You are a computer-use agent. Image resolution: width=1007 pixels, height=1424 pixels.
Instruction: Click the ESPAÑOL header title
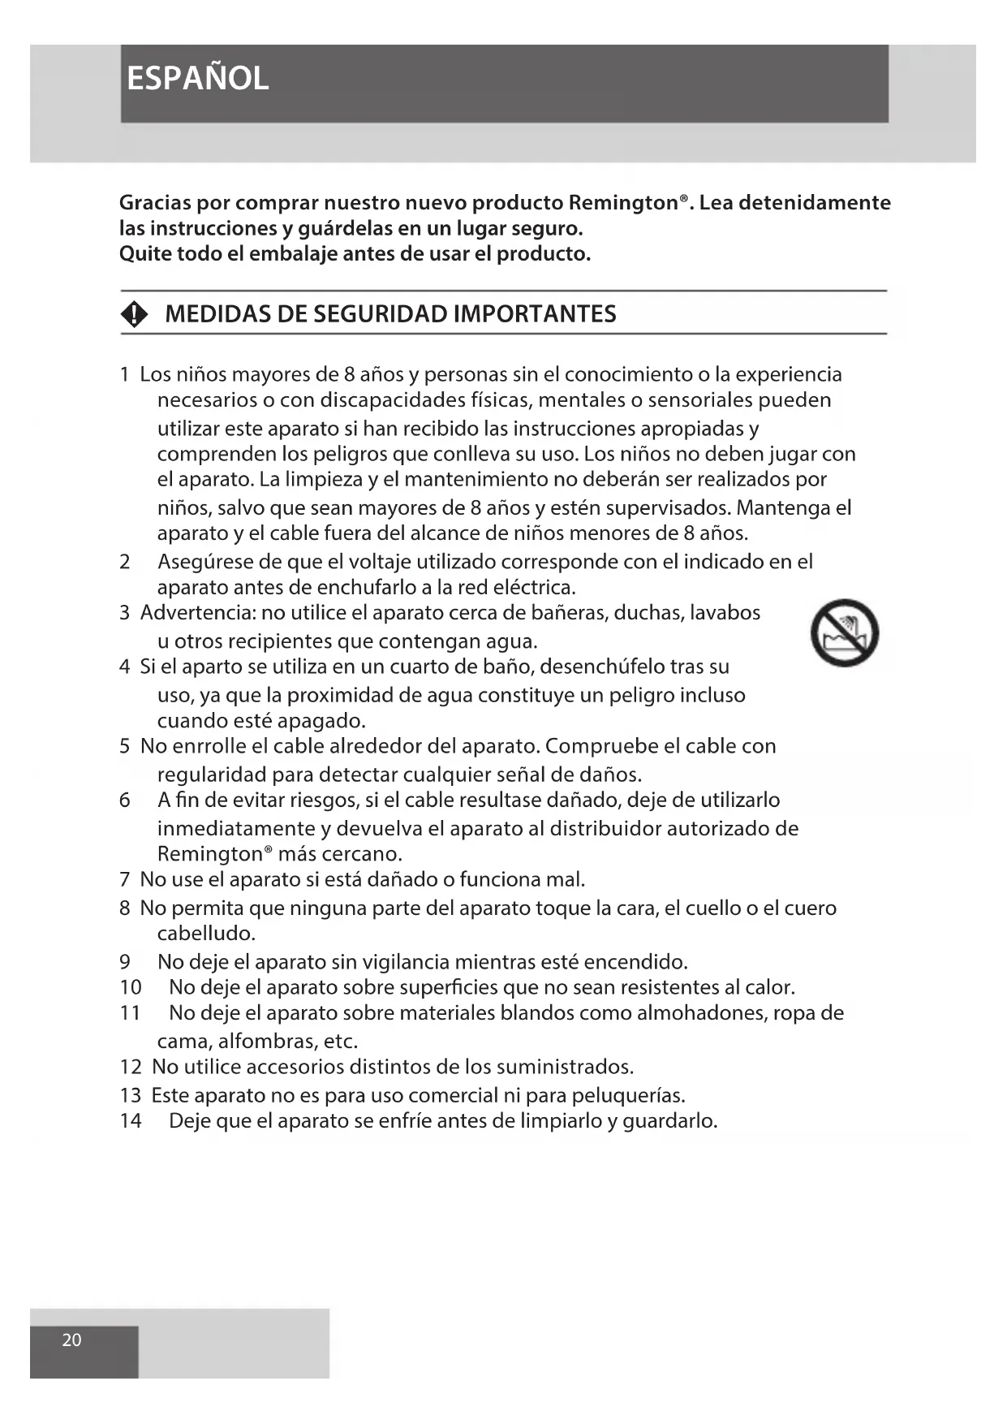[x=197, y=79]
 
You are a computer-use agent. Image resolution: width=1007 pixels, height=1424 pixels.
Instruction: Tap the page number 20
[x=71, y=1340]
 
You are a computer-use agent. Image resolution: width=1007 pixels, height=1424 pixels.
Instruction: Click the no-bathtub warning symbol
[x=844, y=633]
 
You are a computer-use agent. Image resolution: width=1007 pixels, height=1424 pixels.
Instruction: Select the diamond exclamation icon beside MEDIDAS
[x=135, y=314]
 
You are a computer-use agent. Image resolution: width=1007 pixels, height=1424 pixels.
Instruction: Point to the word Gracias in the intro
[x=155, y=203]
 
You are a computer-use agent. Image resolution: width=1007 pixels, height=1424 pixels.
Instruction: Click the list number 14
[x=130, y=1121]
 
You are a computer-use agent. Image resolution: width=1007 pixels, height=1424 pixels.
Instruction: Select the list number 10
[x=130, y=987]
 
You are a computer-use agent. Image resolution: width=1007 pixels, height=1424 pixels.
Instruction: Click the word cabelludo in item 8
[x=206, y=934]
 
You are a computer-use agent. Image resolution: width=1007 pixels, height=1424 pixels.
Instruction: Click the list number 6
[x=124, y=800]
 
